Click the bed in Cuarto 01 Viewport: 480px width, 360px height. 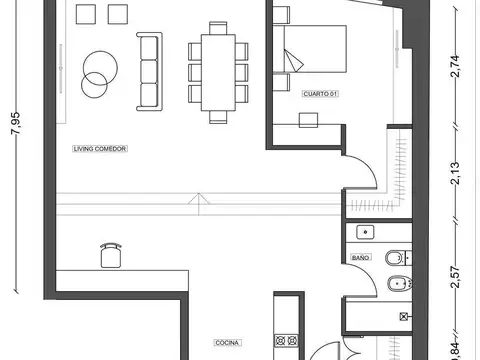tap(314, 50)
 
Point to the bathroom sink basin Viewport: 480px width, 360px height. tap(366, 232)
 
